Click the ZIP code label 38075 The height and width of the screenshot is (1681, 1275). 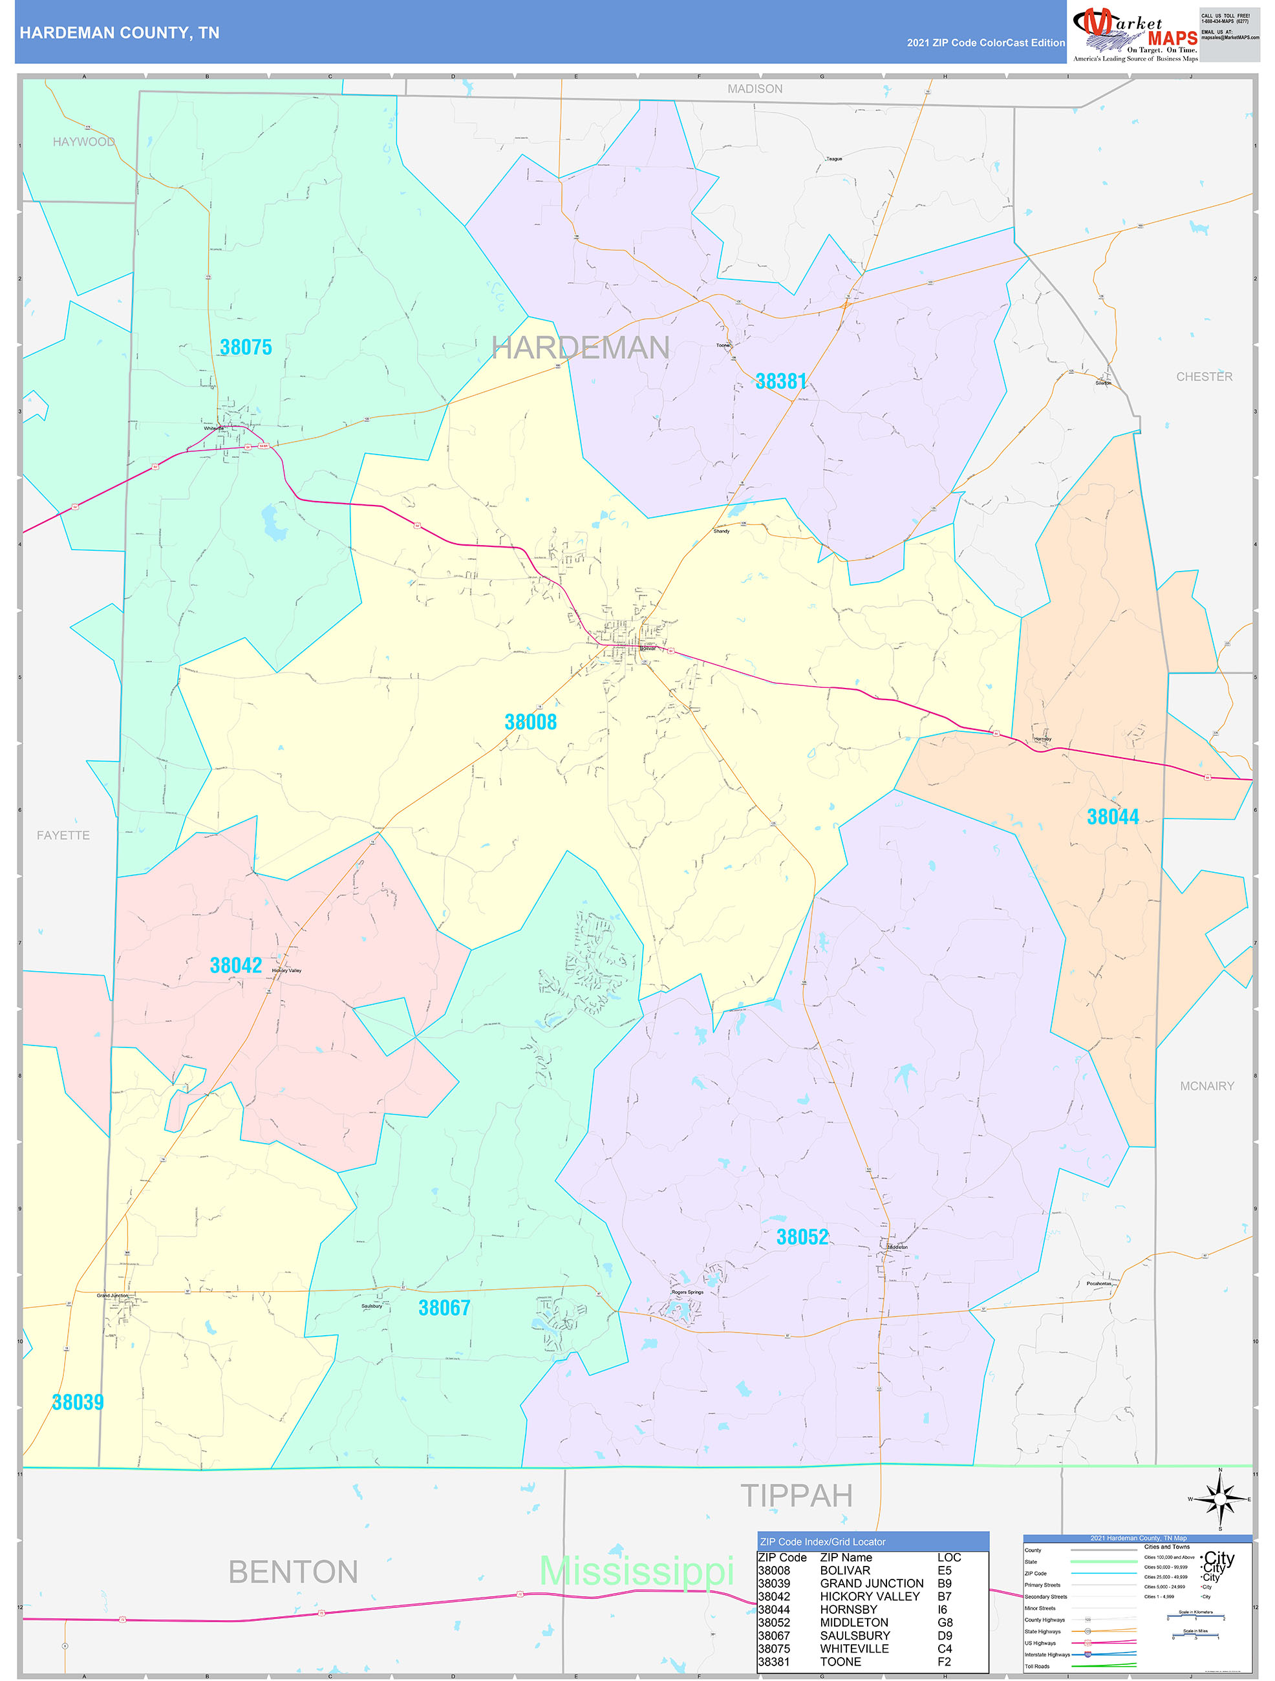tap(246, 347)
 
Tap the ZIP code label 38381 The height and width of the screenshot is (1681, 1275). tap(780, 381)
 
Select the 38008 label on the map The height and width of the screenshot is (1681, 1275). tap(530, 722)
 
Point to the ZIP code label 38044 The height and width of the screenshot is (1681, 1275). tap(1113, 817)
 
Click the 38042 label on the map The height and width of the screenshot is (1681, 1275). tap(235, 965)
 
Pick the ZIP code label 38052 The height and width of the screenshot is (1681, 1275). tap(802, 1237)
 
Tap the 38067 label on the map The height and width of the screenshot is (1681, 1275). tap(444, 1308)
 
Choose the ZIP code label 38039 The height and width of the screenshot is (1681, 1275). tap(78, 1402)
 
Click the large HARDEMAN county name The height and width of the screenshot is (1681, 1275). tap(581, 348)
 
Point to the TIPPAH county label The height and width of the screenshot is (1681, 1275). tap(797, 1495)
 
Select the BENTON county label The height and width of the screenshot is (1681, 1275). tap(294, 1572)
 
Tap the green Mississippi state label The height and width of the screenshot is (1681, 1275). tap(636, 1571)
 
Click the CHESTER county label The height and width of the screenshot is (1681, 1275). tap(1204, 377)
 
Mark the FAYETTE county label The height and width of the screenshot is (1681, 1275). tap(63, 835)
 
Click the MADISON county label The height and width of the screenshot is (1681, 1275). tap(755, 89)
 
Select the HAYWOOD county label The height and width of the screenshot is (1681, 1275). tap(83, 142)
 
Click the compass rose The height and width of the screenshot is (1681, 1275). tap(1220, 1499)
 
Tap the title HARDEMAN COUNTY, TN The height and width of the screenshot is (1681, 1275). tap(120, 33)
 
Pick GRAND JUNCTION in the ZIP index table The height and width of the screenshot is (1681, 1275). tap(872, 1583)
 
